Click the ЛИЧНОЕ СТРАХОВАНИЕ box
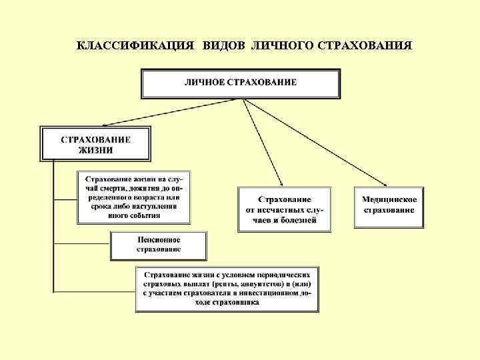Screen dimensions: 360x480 [x=241, y=83]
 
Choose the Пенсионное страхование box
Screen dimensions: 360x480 [x=159, y=245]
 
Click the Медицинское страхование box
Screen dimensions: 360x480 [x=389, y=205]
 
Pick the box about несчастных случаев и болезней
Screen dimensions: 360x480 [x=285, y=209]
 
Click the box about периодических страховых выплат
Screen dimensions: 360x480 [x=227, y=289]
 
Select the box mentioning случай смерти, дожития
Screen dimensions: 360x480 [x=135, y=197]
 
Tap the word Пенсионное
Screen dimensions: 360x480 [x=159, y=239]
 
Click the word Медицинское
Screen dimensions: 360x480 [x=389, y=199]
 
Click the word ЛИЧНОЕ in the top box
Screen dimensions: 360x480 [x=204, y=83]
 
